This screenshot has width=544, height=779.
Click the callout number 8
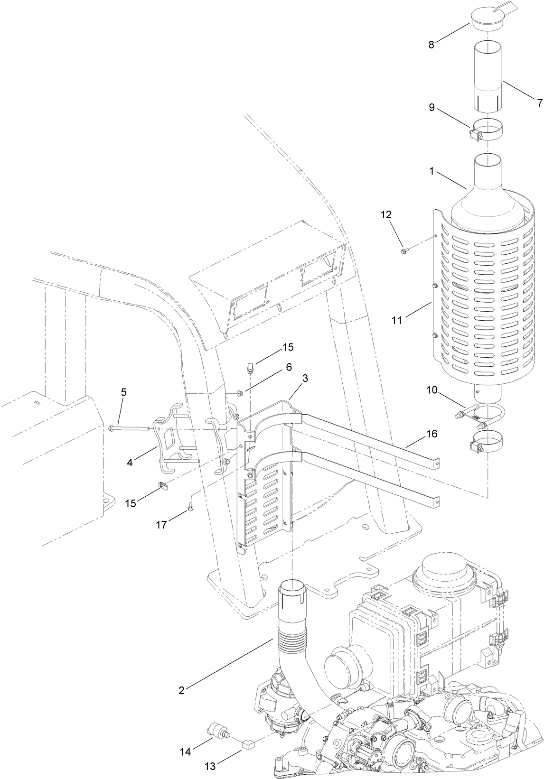click(x=431, y=45)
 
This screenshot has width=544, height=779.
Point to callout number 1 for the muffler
click(x=431, y=171)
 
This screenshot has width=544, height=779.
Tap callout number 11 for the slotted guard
click(x=397, y=320)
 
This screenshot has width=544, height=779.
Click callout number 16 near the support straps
click(x=432, y=434)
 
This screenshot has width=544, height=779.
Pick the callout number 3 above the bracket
click(x=305, y=378)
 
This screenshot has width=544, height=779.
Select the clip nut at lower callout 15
click(x=162, y=485)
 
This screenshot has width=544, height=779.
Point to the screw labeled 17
click(x=190, y=508)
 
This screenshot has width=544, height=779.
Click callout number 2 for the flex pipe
click(x=181, y=690)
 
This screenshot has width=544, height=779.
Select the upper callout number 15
click(x=288, y=347)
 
